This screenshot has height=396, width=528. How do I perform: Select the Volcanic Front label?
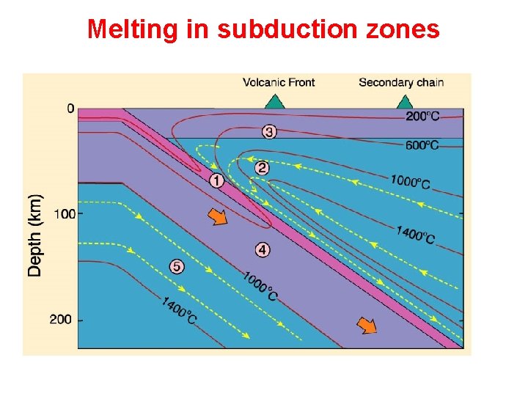[279, 82]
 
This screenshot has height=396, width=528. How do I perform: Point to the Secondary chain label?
[401, 82]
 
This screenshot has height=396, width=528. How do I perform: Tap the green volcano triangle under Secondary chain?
[402, 100]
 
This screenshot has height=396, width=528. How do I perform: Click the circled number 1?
[216, 180]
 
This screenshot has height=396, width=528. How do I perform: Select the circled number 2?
[262, 168]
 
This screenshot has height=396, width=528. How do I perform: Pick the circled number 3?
[269, 132]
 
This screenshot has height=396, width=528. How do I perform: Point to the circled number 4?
[263, 250]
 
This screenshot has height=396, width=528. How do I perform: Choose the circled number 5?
[176, 266]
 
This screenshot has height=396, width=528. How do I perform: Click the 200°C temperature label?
[423, 116]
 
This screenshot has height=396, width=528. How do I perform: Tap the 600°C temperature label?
[423, 145]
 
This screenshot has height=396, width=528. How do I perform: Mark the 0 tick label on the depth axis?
[70, 109]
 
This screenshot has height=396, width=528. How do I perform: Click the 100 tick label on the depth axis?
[64, 213]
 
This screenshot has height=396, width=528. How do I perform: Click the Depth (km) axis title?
[35, 235]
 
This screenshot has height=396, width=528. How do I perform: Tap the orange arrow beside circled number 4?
[217, 217]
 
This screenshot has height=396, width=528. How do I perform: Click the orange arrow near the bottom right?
[367, 324]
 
